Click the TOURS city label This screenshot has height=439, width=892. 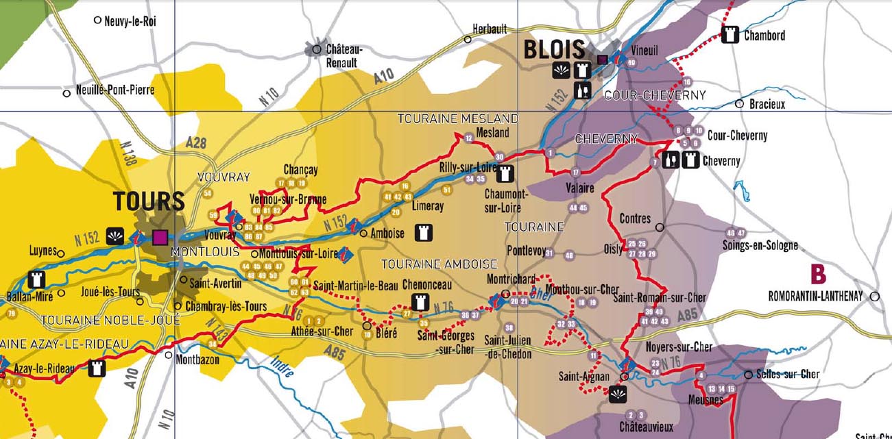click(149, 202)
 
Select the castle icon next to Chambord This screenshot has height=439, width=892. click(730, 35)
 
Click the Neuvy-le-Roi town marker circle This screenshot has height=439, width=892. click(97, 21)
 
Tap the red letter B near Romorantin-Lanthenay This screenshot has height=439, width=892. click(818, 275)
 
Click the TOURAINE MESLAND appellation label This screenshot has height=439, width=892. click(458, 119)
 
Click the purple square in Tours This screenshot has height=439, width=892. click(160, 237)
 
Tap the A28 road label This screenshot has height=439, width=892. click(196, 142)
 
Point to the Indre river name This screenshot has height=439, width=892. click(282, 368)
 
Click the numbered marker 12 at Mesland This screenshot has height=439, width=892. click(469, 138)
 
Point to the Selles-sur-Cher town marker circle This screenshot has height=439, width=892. click(748, 375)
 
